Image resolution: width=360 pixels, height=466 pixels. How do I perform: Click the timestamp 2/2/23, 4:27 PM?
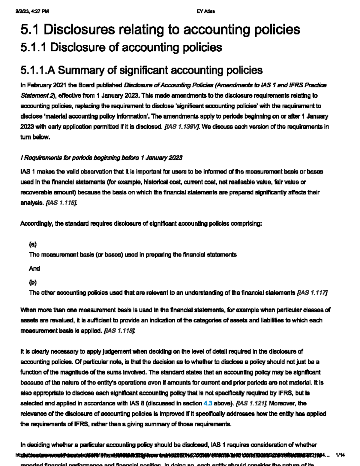[32, 11]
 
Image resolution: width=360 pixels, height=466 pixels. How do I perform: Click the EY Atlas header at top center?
[205, 11]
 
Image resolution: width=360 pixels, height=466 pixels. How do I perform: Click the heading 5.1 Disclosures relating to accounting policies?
[160, 29]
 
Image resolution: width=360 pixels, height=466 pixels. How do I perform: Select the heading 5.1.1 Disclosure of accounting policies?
[121, 47]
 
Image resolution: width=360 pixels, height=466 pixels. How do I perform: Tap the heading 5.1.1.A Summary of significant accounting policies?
[141, 70]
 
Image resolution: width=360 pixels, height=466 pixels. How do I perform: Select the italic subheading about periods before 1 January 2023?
[101, 158]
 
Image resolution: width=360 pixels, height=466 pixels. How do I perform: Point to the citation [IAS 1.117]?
[312, 293]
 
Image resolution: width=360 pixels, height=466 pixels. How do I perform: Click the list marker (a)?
[33, 244]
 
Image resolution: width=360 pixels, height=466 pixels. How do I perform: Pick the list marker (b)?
[33, 282]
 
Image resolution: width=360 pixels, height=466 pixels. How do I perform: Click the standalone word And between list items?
[34, 269]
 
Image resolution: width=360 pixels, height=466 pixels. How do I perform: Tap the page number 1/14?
[340, 455]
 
